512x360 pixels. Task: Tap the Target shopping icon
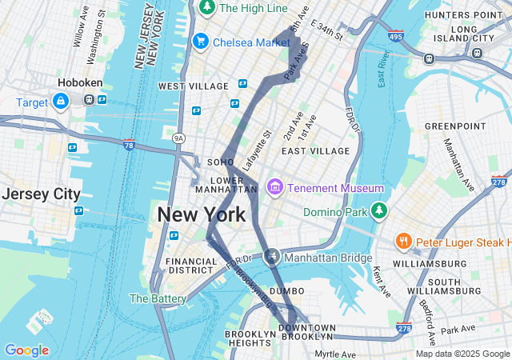[60, 101]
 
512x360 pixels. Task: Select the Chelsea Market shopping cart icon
[201, 41]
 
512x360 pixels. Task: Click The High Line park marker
[207, 8]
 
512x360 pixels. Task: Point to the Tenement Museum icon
[275, 187]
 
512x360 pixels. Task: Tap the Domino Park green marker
[379, 211]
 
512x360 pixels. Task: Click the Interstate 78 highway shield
[130, 145]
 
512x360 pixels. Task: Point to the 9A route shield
[178, 138]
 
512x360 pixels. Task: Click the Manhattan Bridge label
[330, 258]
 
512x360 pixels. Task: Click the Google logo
[26, 350]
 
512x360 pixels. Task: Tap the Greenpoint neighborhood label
[454, 126]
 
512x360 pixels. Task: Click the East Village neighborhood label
[315, 150]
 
